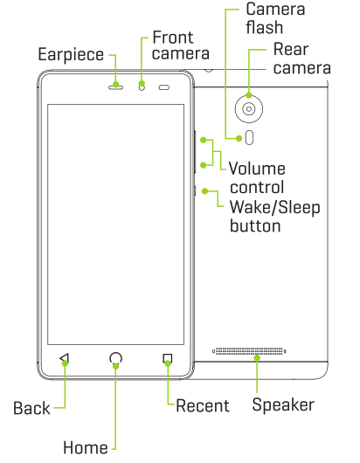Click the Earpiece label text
coord(71,54)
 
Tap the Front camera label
coord(179,45)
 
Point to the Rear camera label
coord(301,59)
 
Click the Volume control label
coord(257,177)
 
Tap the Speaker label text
coord(282,405)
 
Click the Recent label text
coord(203,405)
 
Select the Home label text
coord(85,446)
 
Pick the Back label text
coord(31,407)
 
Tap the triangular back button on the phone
coord(64,358)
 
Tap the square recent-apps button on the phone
coord(167,358)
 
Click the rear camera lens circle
coord(251,108)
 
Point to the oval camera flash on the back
coord(251,136)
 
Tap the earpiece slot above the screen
coord(116,86)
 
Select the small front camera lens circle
coord(141,86)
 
